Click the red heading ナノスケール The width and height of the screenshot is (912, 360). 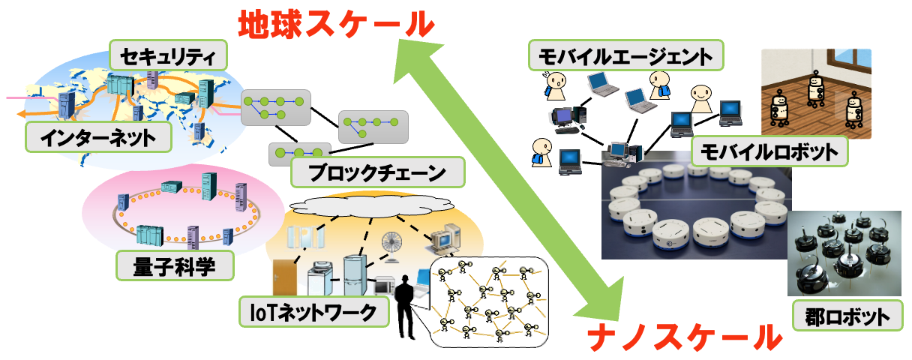[x=683, y=336]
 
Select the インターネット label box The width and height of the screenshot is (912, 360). [x=97, y=137]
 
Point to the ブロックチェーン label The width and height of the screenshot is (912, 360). [x=376, y=172]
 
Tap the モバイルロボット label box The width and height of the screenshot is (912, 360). [x=769, y=152]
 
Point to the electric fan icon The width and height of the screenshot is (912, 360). [x=392, y=244]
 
